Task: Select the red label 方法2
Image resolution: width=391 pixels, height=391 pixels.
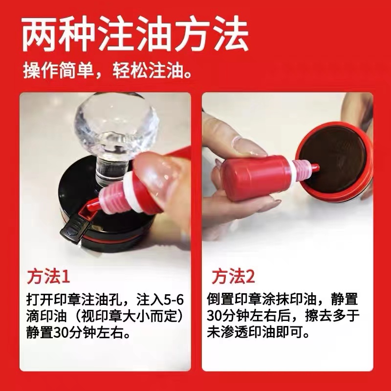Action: (233, 277)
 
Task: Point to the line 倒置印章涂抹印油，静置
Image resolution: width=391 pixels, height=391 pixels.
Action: (282, 298)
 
